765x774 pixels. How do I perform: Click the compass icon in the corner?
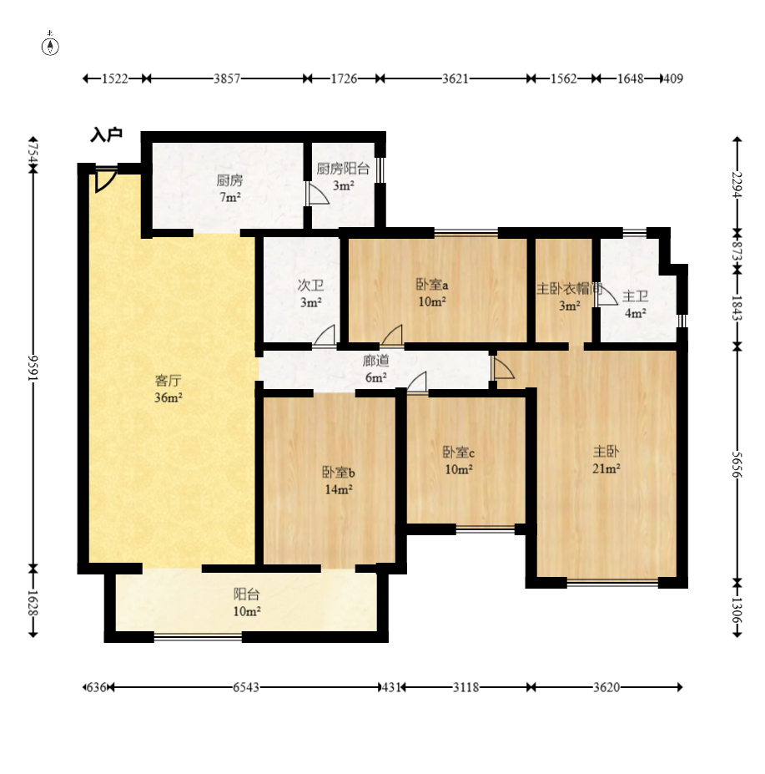50,44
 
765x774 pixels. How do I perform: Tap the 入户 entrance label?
106,134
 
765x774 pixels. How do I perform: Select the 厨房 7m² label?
230,189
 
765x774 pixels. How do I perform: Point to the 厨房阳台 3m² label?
343,177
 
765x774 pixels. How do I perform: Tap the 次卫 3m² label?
311,293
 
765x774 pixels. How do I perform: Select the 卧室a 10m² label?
433,293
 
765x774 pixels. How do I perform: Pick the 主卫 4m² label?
636,305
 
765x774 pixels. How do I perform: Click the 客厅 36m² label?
169,389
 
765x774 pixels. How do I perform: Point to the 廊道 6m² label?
376,369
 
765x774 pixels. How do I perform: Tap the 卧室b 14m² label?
339,480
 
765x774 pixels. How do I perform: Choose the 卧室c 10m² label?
459,461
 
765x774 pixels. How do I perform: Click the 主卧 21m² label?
606,459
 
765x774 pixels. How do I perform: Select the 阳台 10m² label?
247,603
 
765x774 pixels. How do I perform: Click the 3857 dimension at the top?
227,78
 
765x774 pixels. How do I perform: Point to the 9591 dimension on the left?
33,367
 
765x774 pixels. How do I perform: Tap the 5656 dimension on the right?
737,464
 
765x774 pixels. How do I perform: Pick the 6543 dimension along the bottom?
246,687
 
